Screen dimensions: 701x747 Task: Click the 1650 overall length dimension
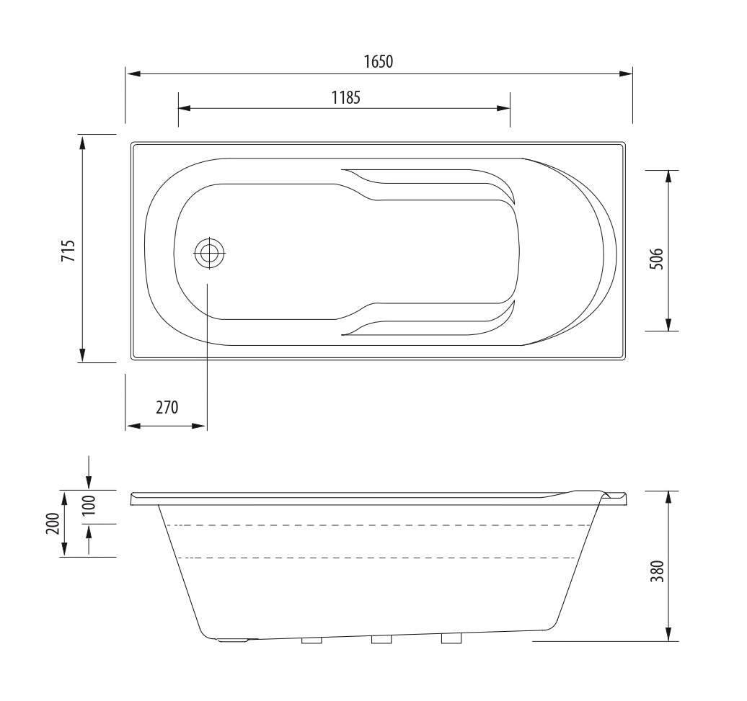[378, 61]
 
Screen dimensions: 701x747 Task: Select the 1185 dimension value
[345, 97]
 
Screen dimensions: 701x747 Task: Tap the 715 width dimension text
[67, 249]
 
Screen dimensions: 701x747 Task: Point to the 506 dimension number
[655, 258]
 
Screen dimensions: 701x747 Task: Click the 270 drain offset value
[167, 407]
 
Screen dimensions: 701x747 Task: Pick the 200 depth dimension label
[52, 524]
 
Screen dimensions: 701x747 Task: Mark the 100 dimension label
[89, 507]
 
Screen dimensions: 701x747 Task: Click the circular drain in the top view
[210, 253]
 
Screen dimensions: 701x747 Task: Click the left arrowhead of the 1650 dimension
[132, 73]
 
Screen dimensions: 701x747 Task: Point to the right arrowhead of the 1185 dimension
[504, 109]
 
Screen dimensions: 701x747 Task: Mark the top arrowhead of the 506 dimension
[670, 177]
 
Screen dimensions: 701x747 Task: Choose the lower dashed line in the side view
[375, 558]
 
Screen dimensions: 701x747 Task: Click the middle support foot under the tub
[381, 640]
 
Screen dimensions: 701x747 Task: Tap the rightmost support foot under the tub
[451, 638]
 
